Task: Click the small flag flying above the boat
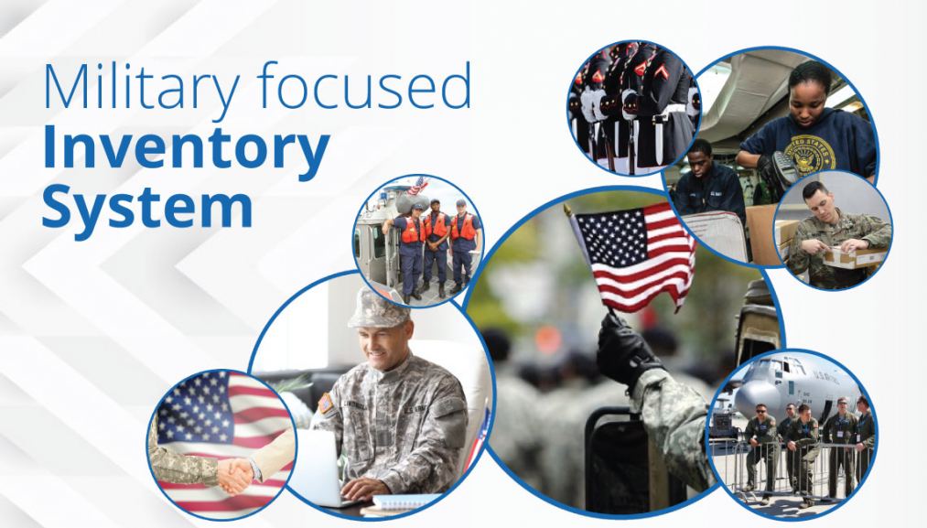pos(417,186)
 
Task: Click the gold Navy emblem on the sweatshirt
pos(810,152)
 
